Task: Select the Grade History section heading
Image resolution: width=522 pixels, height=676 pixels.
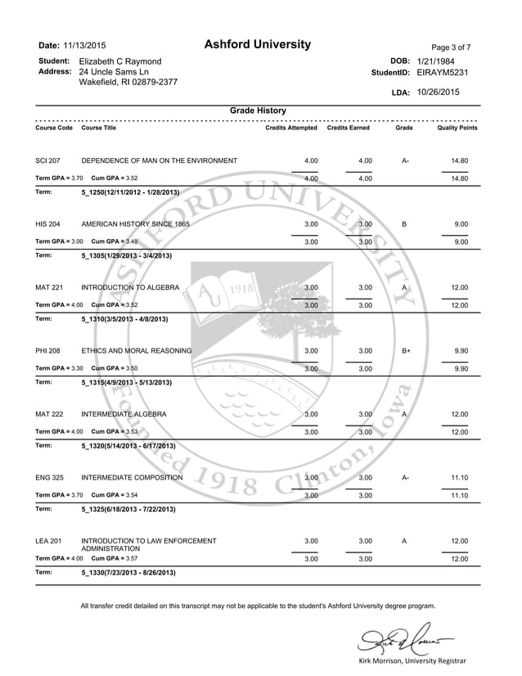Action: pyautogui.click(x=258, y=110)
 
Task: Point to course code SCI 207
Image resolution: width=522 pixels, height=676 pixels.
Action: pyautogui.click(x=48, y=160)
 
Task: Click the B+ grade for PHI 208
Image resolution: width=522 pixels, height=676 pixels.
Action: pyautogui.click(x=405, y=351)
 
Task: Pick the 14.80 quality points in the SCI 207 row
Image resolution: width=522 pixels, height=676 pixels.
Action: pyautogui.click(x=459, y=160)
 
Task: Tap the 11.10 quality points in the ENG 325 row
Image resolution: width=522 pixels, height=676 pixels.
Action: pyautogui.click(x=459, y=477)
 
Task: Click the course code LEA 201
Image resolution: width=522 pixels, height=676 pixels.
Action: pyautogui.click(x=48, y=541)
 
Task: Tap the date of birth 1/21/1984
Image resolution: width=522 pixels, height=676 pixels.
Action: pyautogui.click(x=436, y=61)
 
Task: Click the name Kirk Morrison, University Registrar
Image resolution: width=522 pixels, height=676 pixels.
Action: pyautogui.click(x=412, y=660)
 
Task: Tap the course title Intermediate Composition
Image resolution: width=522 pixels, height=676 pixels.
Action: pyautogui.click(x=132, y=477)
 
